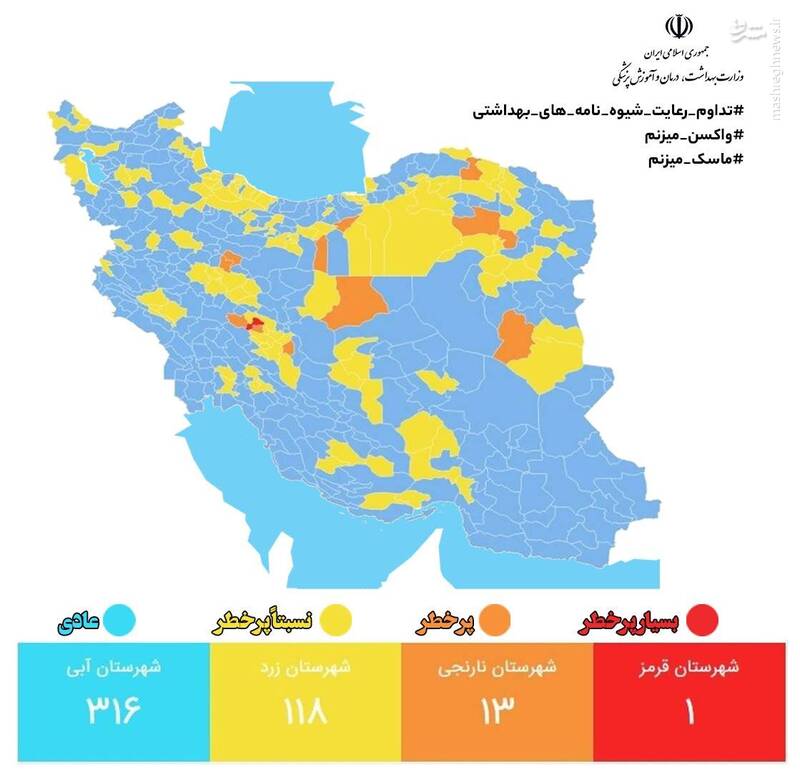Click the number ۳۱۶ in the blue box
112,712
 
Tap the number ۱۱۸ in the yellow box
305,712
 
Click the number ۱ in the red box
689,712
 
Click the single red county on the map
254,323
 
